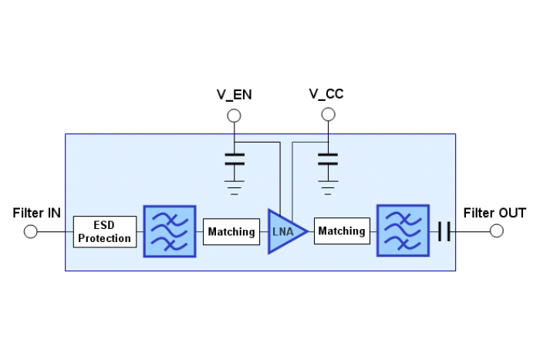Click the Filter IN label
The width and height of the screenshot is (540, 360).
36,213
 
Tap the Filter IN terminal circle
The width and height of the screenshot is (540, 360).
31,231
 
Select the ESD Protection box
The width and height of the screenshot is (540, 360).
105,231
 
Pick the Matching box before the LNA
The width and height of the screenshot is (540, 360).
231,231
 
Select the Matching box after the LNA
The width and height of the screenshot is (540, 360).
342,231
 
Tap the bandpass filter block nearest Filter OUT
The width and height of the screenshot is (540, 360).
403,230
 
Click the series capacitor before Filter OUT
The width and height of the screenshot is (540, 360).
444,231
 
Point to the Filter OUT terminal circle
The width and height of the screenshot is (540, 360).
497,231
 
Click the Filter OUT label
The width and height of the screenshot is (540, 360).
494,213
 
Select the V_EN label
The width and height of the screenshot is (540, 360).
234,95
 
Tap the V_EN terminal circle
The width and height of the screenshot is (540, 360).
234,116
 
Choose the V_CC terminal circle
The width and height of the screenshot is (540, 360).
328,115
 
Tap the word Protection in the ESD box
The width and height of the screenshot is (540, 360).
105,238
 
